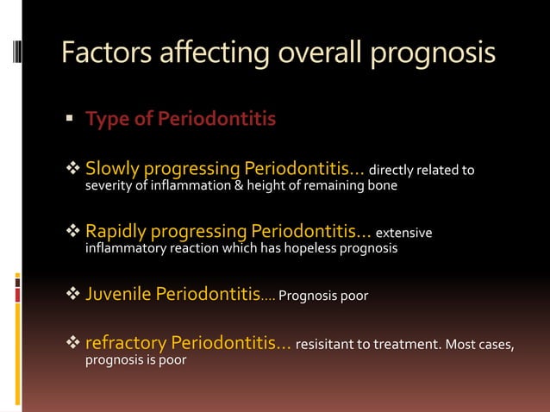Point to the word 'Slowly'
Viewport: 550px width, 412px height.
(112, 167)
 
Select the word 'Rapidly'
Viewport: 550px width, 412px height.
(118, 232)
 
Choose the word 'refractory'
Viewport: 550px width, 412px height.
(125, 345)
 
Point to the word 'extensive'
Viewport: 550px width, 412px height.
(405, 234)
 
